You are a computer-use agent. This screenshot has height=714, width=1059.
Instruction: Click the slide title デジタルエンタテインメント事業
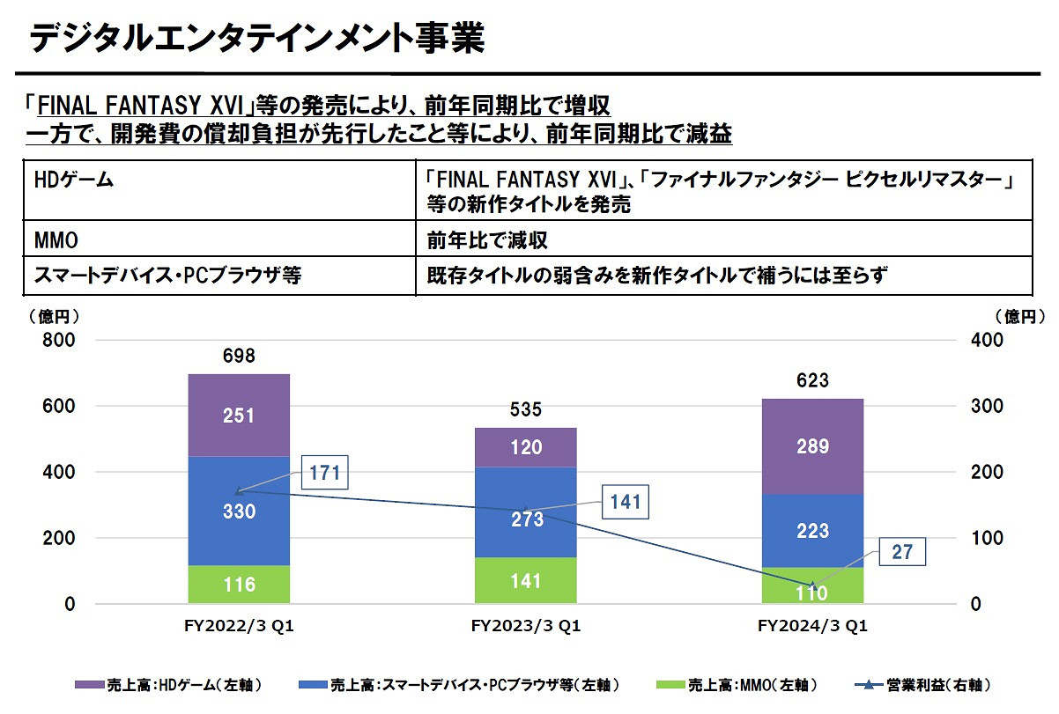pos(255,39)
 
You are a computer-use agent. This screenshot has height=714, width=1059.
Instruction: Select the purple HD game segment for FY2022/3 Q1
pos(239,416)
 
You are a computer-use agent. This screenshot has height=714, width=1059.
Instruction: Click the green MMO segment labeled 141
pos(525,581)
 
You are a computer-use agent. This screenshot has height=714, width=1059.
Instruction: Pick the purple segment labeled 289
pos(811,446)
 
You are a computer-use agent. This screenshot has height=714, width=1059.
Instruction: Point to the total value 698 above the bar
pos(239,357)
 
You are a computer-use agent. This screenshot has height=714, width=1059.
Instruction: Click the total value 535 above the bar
pos(525,409)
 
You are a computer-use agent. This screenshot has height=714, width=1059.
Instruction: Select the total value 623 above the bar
pos(811,380)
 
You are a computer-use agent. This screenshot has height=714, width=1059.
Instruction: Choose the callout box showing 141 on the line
pos(625,503)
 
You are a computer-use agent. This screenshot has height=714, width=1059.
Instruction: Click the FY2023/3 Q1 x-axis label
pos(525,627)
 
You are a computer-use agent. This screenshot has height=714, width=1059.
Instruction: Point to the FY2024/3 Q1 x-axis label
pos(811,627)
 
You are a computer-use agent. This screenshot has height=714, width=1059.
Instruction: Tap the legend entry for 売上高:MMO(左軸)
pos(738,684)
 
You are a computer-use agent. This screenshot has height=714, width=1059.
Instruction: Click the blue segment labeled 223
pos(811,531)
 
